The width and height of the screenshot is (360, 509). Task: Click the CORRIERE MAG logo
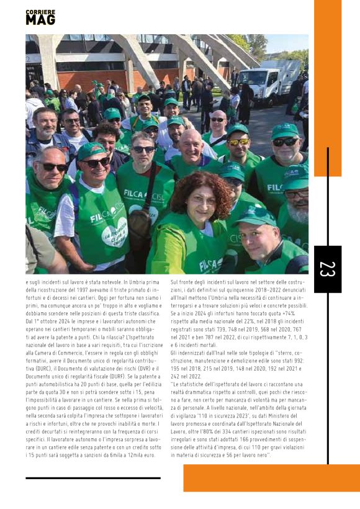point(40,17)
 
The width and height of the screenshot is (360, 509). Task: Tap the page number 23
point(327,269)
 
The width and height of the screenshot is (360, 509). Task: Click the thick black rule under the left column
point(93,479)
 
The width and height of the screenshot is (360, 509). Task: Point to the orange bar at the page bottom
point(271,477)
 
